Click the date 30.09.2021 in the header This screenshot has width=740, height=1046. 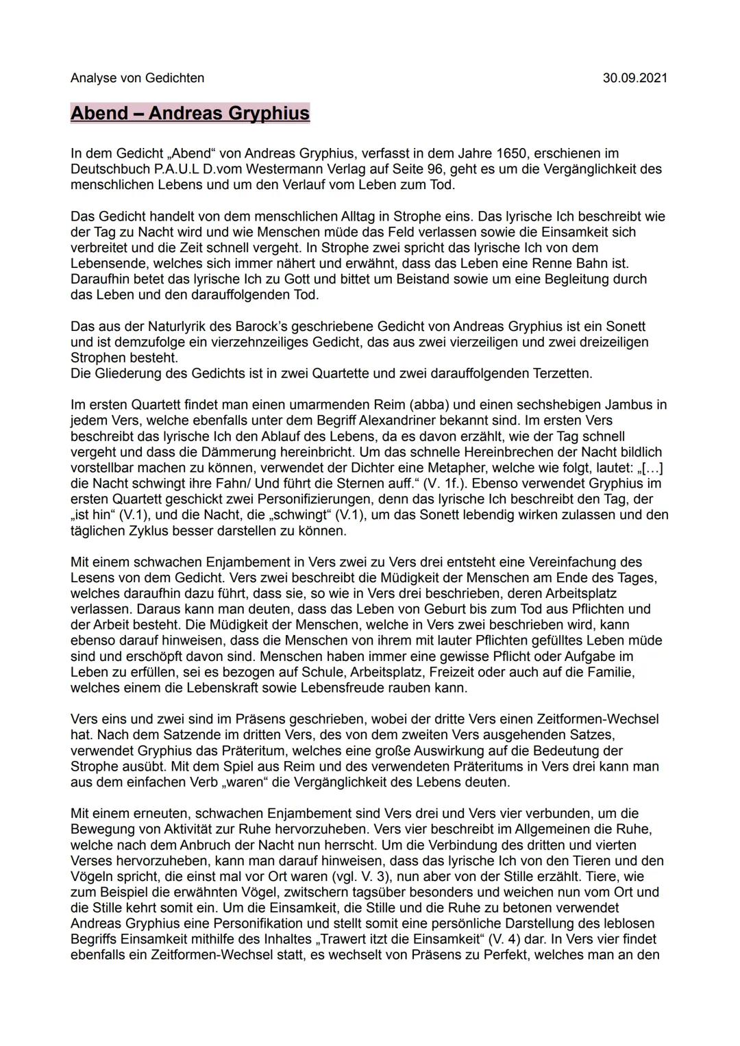click(x=634, y=78)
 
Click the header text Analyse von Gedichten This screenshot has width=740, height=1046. click(x=137, y=78)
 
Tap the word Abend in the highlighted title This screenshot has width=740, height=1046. click(x=99, y=113)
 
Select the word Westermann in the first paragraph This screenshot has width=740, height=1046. click(x=269, y=169)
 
